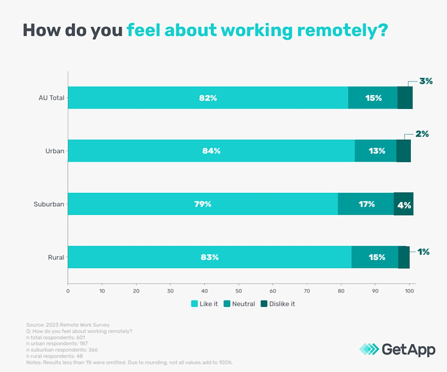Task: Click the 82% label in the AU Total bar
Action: coord(208,98)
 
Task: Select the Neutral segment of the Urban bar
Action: coord(376,151)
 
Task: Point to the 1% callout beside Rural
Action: coord(423,252)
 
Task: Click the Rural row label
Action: coord(56,257)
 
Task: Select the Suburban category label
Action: coord(49,204)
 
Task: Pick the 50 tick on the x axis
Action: coord(239,291)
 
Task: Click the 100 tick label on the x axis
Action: coord(409,291)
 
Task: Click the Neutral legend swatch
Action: coord(227,304)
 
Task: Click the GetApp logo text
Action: coord(408,349)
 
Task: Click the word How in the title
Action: coord(42,30)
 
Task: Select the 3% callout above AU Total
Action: coord(426,81)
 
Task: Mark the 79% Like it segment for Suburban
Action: coord(202,204)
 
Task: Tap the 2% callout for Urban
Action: coord(422,134)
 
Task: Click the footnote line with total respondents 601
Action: coord(54,337)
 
